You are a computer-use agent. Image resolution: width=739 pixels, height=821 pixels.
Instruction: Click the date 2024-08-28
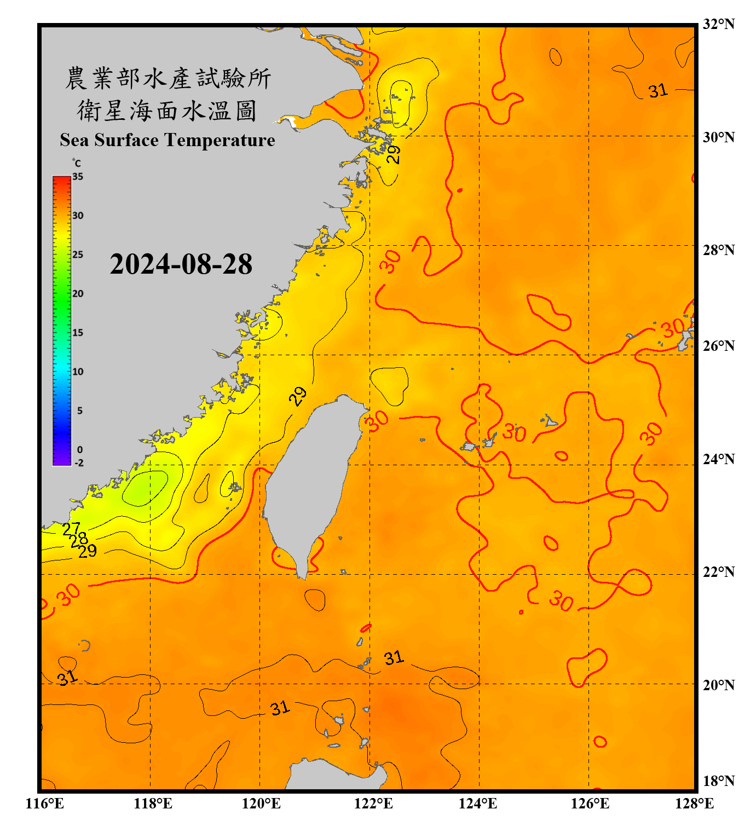click(181, 264)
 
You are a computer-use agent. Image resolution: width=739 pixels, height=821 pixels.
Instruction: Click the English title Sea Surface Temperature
click(168, 140)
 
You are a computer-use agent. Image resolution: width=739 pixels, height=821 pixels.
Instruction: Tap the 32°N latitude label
click(718, 24)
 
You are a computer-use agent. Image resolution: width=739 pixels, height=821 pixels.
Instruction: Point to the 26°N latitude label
click(718, 346)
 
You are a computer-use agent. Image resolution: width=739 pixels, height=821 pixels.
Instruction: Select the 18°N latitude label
click(718, 781)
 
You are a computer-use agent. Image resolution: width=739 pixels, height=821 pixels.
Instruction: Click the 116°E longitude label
click(45, 803)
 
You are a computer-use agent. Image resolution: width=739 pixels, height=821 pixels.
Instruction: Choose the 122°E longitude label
click(373, 803)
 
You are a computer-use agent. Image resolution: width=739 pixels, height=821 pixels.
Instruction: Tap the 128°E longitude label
click(694, 803)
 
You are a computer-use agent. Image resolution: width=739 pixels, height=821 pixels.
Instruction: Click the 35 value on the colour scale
click(78, 177)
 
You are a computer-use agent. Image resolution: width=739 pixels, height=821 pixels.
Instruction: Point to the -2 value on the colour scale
click(79, 463)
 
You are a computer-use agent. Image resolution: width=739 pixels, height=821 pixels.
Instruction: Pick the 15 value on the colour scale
click(78, 333)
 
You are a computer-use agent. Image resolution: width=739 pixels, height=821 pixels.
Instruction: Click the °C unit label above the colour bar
click(76, 163)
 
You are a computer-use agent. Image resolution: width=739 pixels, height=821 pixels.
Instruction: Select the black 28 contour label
click(79, 540)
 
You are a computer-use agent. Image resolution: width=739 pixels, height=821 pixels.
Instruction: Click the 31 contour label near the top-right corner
click(658, 90)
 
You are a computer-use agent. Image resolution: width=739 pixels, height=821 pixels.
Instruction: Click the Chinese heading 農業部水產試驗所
click(168, 78)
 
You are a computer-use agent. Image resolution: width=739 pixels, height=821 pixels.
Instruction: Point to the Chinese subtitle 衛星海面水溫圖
click(168, 111)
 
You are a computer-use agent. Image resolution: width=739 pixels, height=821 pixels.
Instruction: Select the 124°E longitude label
click(478, 803)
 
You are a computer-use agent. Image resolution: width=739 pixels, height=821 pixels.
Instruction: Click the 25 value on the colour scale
click(78, 255)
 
